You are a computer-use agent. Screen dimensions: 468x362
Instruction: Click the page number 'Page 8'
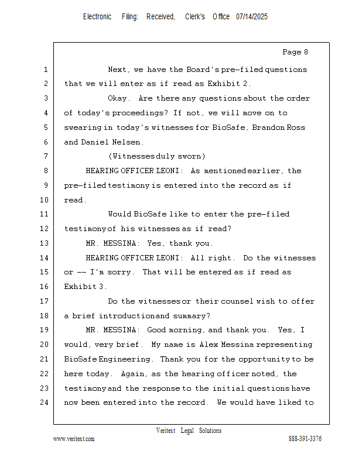pos(295,53)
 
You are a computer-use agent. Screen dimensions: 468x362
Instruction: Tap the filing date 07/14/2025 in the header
pos(252,17)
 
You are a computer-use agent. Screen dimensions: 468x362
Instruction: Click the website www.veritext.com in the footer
pos(74,439)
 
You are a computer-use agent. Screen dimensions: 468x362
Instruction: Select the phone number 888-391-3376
pos(305,439)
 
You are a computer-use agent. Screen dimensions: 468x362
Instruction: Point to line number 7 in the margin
pos(45,157)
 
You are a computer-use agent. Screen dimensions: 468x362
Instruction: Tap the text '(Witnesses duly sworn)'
pos(156,157)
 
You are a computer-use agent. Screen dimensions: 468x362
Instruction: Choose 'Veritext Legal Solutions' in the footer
pos(189,431)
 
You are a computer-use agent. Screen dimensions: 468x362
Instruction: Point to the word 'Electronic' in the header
pos(97,17)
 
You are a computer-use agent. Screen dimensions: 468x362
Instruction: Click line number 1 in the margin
pos(45,70)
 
